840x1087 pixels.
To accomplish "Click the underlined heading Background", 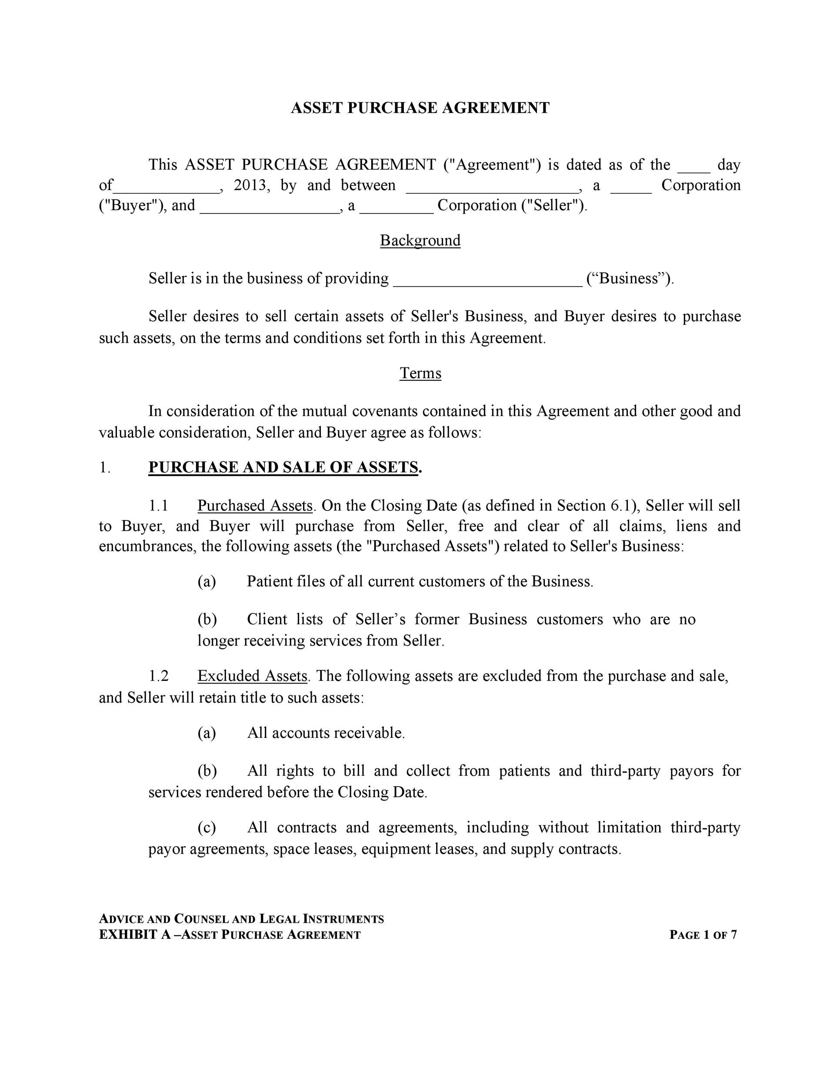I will click(x=420, y=240).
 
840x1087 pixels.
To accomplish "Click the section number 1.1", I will click(x=158, y=506).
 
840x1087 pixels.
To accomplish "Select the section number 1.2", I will click(x=158, y=676).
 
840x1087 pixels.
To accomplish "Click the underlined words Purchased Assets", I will click(x=255, y=506).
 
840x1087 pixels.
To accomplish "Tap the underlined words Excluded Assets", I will click(x=252, y=676).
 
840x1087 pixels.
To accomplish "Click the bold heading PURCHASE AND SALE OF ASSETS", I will click(x=283, y=467).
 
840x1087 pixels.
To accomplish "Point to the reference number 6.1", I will click(x=620, y=506).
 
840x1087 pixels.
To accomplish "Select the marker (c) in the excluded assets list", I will click(x=207, y=827).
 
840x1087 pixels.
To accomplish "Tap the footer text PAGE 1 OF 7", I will click(x=703, y=935).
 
